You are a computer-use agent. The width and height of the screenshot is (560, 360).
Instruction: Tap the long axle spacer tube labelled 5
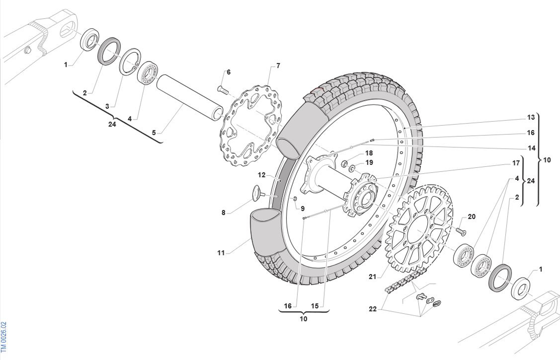(190, 98)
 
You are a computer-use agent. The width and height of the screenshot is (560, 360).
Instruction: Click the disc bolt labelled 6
(223, 90)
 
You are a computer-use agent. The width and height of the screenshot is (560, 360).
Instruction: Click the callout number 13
(531, 117)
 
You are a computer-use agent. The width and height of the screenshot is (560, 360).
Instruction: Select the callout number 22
(372, 309)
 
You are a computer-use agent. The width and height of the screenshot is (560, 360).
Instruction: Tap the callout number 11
(221, 253)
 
